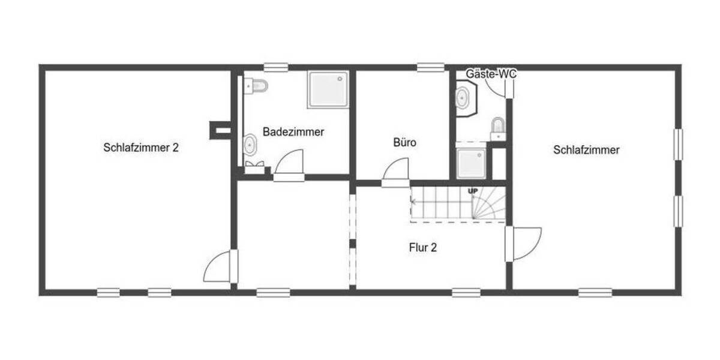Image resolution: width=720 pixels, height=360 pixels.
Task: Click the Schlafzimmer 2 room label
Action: (x=140, y=148)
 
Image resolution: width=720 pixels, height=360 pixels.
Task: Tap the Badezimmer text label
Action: (x=293, y=132)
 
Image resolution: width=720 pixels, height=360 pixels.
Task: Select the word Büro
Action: (x=404, y=143)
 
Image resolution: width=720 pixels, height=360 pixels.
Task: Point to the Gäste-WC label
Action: (x=491, y=74)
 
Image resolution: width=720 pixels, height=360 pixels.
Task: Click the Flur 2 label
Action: (x=422, y=247)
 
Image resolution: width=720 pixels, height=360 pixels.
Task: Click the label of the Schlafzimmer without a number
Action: (x=586, y=150)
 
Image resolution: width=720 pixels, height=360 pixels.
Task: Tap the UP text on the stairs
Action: (x=473, y=191)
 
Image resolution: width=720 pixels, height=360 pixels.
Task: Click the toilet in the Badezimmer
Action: (x=257, y=86)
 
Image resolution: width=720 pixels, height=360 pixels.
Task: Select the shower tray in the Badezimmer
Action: (x=328, y=89)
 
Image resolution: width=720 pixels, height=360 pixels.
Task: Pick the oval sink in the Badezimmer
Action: (x=250, y=145)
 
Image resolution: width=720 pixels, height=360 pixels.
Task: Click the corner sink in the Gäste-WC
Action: (x=464, y=97)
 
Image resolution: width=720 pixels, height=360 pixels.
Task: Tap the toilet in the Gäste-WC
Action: (x=498, y=127)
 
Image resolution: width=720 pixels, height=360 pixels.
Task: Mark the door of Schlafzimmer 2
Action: (x=220, y=267)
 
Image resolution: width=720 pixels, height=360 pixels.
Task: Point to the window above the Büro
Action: (x=431, y=68)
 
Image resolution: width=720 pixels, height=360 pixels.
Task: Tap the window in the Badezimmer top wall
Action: (x=276, y=68)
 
